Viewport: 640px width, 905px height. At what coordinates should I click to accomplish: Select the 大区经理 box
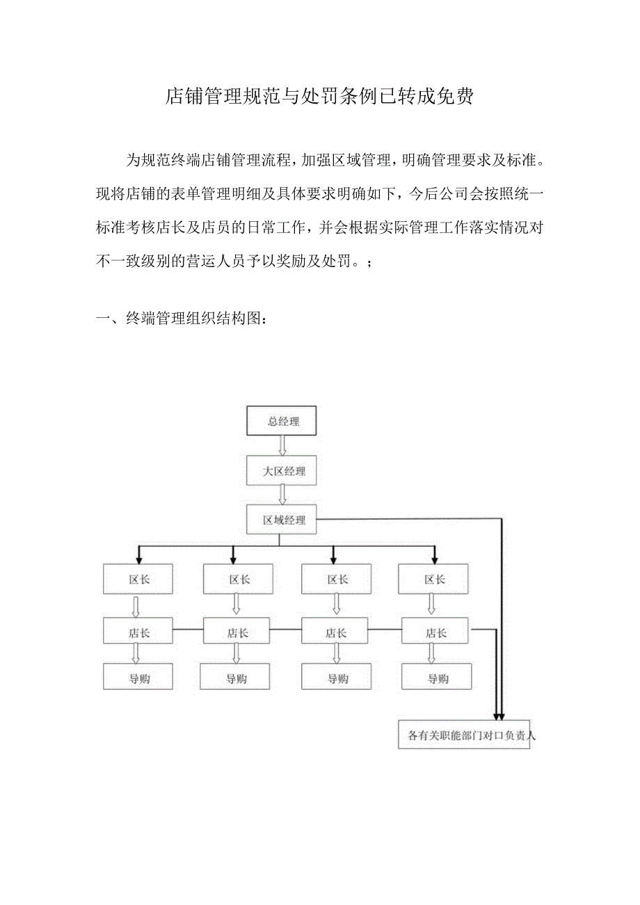pos(282,471)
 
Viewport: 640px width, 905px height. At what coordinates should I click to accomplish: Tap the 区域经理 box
pos(282,520)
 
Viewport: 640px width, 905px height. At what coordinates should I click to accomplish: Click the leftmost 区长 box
pos(138,579)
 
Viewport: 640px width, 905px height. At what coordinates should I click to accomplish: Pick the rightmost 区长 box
pos(435,579)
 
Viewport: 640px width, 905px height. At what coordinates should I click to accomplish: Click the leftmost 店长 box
pos(138,633)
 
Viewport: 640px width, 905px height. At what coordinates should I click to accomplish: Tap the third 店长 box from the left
pos(336,633)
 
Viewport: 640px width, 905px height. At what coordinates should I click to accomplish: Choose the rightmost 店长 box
pos(436,633)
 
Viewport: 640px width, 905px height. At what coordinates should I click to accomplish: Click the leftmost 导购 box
pos(138,678)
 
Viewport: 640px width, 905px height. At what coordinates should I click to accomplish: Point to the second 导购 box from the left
pos(235,678)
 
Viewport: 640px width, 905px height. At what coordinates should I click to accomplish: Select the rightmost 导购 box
pos(436,678)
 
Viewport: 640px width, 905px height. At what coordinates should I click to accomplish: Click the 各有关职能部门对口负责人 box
pos(464,735)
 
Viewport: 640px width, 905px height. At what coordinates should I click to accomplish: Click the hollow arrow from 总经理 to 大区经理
pos(282,446)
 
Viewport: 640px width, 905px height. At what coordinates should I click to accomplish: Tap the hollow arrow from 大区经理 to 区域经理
pos(282,495)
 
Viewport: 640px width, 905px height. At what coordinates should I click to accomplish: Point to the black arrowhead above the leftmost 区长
pos(138,558)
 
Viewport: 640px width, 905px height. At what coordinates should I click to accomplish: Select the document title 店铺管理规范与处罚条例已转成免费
pos(319,97)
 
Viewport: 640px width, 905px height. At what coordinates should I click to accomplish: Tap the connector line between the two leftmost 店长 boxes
pos(188,630)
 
